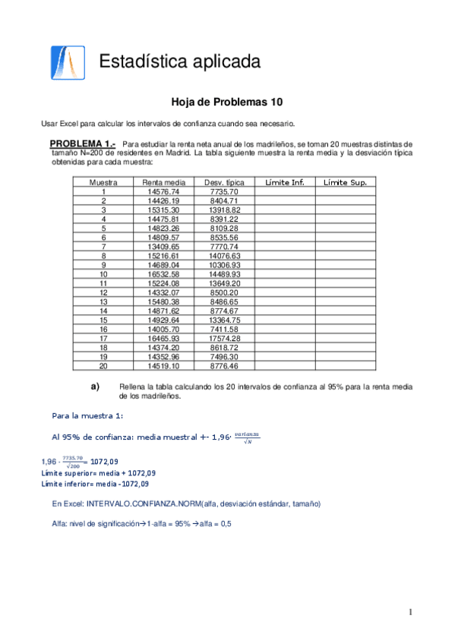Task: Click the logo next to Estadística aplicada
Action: (63, 62)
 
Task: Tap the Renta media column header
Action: (163, 182)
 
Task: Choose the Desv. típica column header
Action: (224, 182)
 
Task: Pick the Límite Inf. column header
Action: (284, 182)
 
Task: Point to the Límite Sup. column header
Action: (345, 182)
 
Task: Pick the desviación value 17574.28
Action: (224, 338)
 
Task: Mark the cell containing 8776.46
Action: (224, 365)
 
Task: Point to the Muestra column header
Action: (103, 182)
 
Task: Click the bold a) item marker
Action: (96, 387)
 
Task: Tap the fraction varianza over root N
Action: (247, 437)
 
